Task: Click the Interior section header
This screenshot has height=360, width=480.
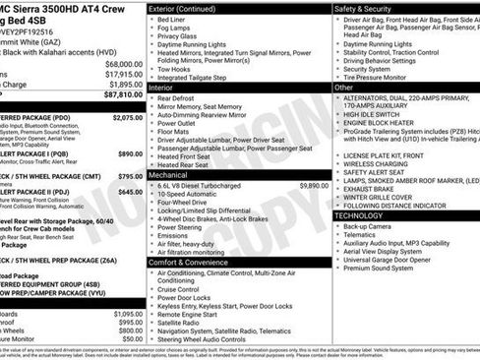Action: click(162, 88)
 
